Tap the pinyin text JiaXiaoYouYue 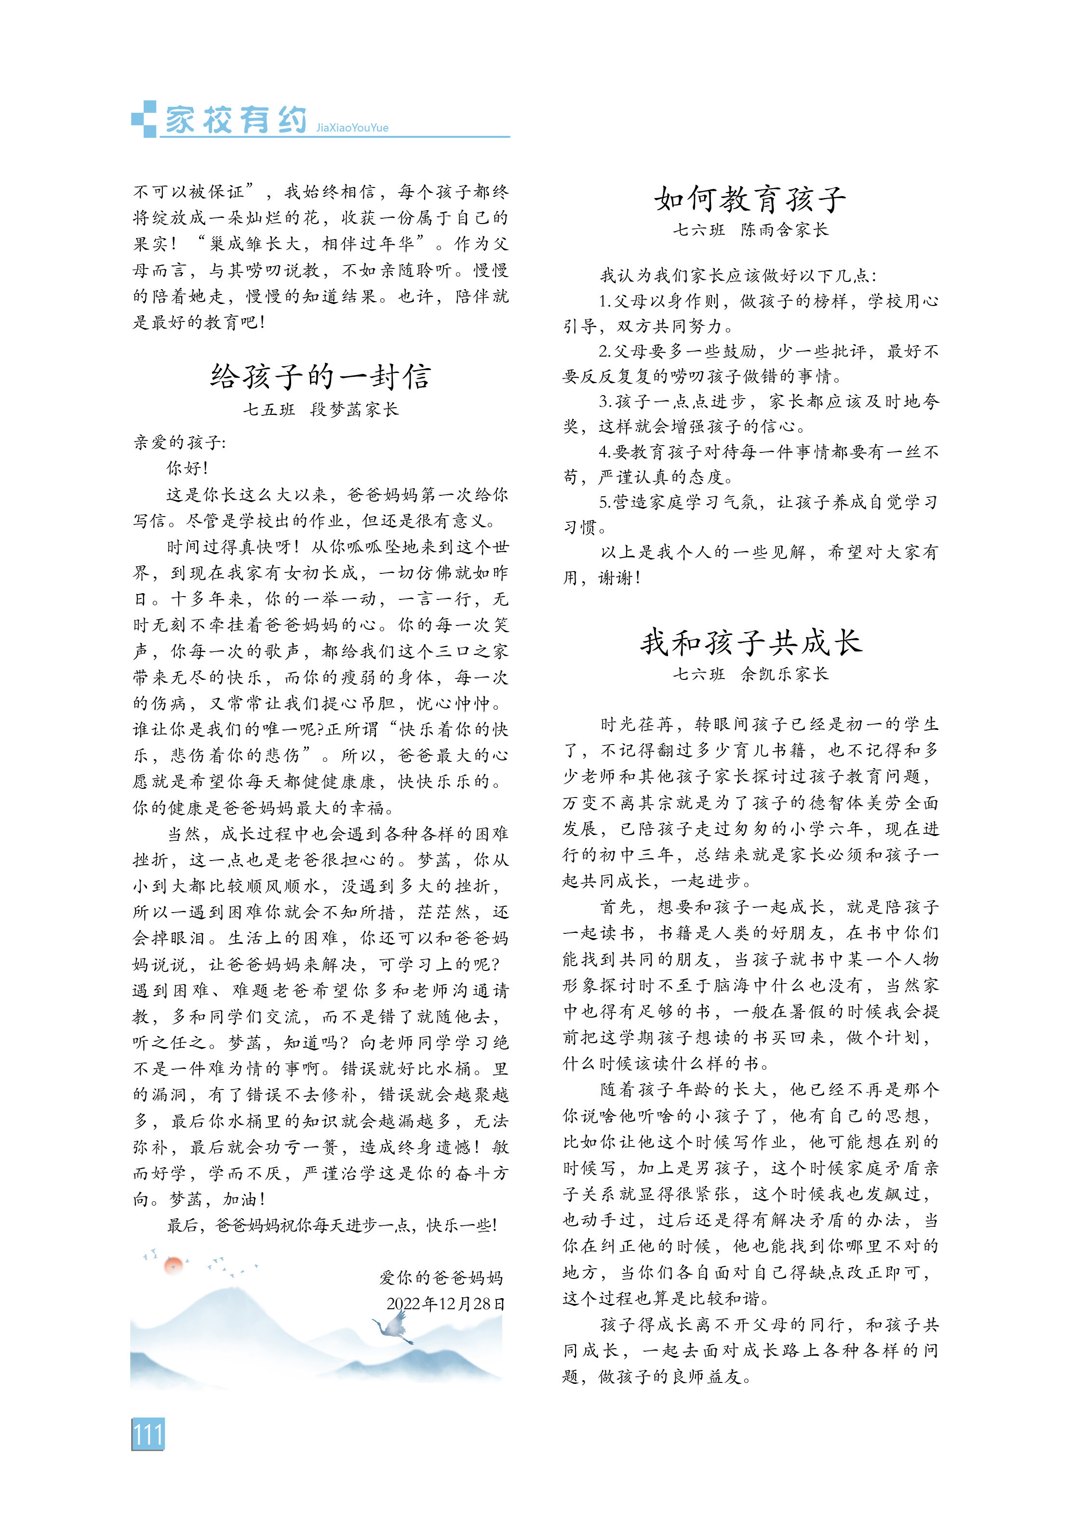pyautogui.click(x=352, y=128)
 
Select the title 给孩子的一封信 pyautogui.click(x=321, y=376)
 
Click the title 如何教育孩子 pyautogui.click(x=750, y=199)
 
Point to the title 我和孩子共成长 pyautogui.click(x=750, y=642)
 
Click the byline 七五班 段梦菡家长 pyautogui.click(x=321, y=410)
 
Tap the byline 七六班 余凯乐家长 pyautogui.click(x=750, y=674)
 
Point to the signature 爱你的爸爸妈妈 pyautogui.click(x=441, y=1277)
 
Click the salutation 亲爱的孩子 pyautogui.click(x=179, y=442)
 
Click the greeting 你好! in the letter pyautogui.click(x=187, y=468)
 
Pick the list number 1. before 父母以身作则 pyautogui.click(x=605, y=301)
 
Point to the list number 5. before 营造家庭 pyautogui.click(x=605, y=503)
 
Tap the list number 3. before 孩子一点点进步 pyautogui.click(x=605, y=401)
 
